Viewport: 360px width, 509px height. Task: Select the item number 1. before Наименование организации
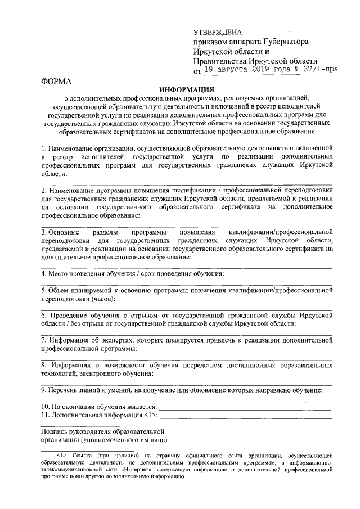(44, 148)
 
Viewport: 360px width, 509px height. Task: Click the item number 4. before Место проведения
(44, 274)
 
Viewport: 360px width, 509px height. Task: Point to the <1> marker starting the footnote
(61, 455)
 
